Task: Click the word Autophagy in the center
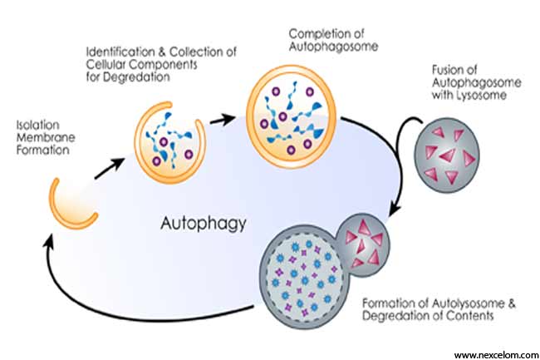(x=204, y=224)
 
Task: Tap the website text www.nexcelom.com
(x=497, y=354)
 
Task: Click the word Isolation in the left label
(x=38, y=125)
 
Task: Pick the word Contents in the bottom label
(x=470, y=316)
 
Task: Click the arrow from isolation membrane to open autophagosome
(x=110, y=169)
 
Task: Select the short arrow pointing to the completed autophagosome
(x=223, y=120)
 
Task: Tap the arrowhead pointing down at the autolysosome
(x=395, y=210)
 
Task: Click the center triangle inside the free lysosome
(x=449, y=155)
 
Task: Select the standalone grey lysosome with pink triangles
(x=447, y=155)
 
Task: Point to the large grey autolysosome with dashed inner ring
(x=303, y=277)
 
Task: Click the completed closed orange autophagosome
(x=291, y=116)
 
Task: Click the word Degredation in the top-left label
(x=136, y=77)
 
